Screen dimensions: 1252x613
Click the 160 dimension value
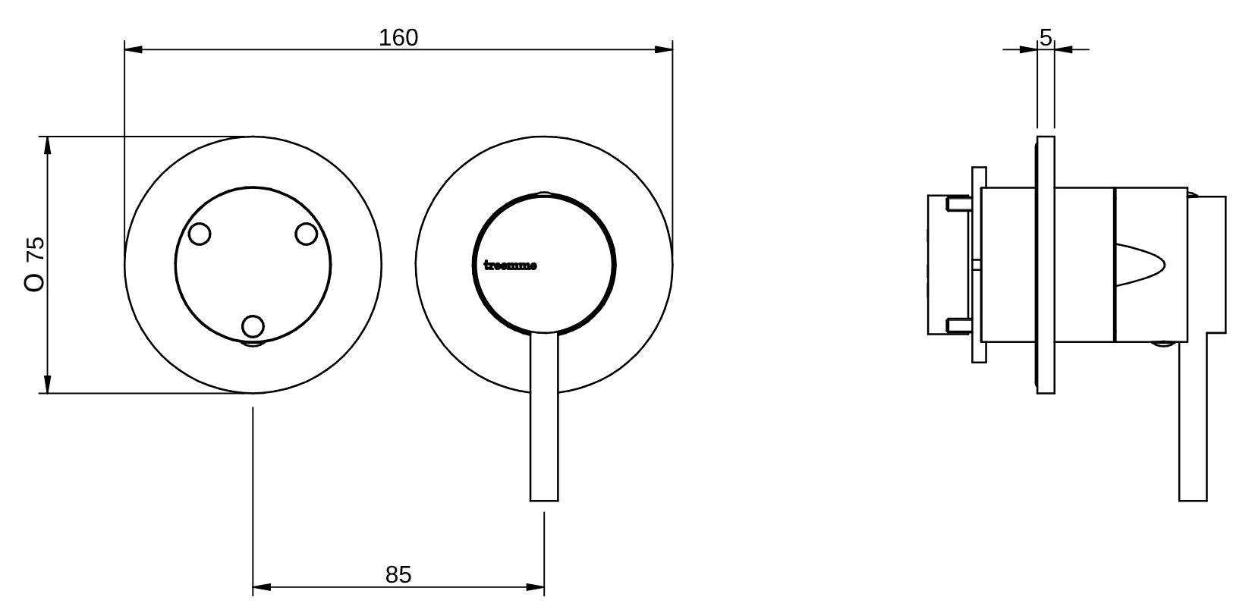[398, 37]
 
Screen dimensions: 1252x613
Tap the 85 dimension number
[398, 574]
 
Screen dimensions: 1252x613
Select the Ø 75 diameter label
[35, 264]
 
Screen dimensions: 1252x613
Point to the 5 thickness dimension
[1046, 37]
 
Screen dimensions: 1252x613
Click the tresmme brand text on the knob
[510, 266]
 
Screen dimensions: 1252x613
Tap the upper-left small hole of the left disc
[200, 234]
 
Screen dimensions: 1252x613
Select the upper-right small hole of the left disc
[306, 234]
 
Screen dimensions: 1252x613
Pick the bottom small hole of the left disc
[253, 326]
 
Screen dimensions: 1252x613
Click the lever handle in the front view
[544, 417]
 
